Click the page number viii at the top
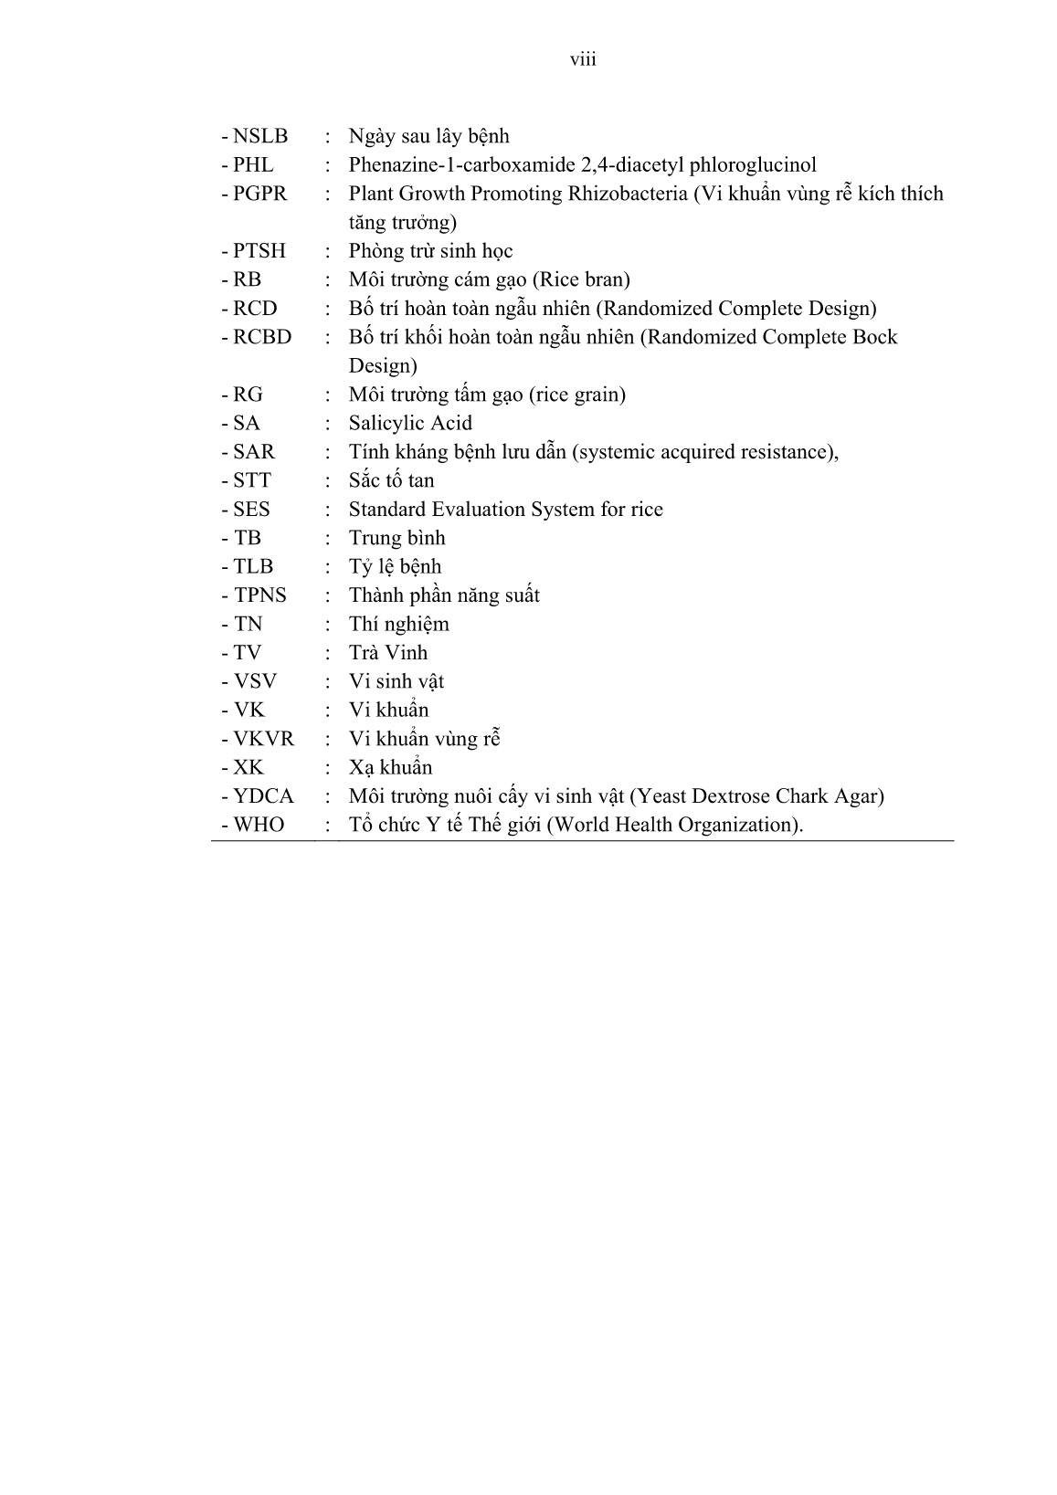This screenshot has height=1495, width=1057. click(583, 59)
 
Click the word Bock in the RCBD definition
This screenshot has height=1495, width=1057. click(873, 337)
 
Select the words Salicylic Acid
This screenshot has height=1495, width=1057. click(410, 423)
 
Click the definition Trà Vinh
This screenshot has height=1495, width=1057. click(388, 652)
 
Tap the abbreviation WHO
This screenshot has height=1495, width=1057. click(259, 825)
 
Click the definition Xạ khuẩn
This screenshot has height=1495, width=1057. click(390, 767)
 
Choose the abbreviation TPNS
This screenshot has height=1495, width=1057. click(259, 595)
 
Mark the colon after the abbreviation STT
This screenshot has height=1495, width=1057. click(328, 481)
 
